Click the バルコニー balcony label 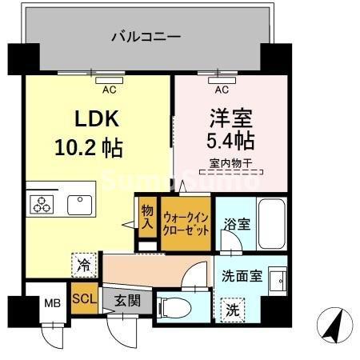[x=145, y=36]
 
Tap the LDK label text [x=97, y=119]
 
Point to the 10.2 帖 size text [x=89, y=148]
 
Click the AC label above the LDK [x=108, y=90]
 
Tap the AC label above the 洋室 [x=222, y=90]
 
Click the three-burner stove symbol [x=41, y=204]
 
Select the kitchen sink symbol [x=81, y=204]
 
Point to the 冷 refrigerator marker [x=82, y=262]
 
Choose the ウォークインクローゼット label [x=186, y=221]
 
